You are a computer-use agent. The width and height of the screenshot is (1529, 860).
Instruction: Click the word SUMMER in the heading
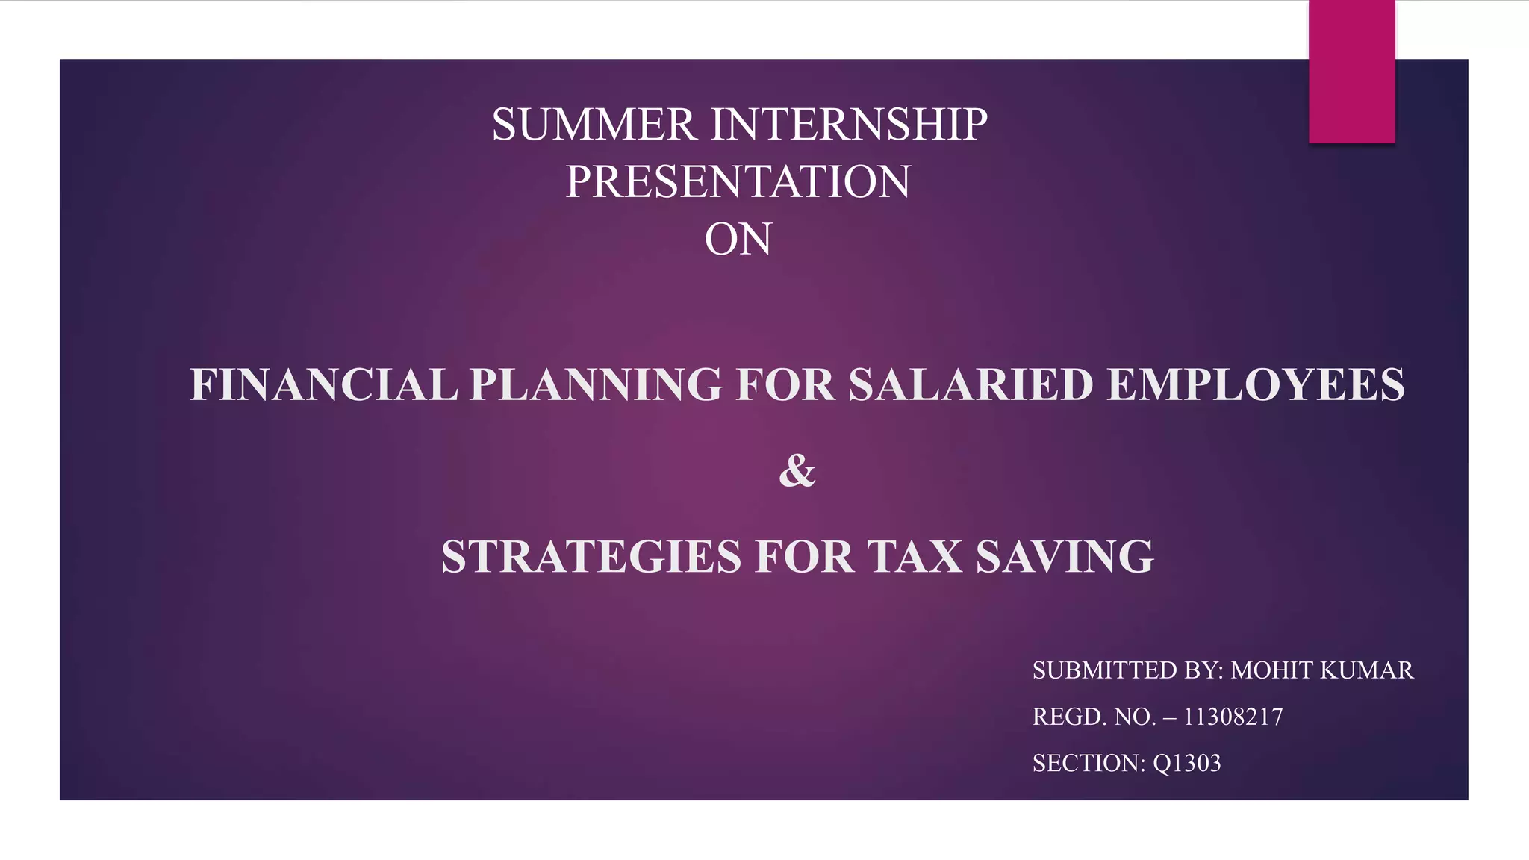point(594,125)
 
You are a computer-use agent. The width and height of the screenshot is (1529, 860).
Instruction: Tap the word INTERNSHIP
point(849,125)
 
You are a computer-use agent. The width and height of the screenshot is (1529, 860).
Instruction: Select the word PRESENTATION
point(738,182)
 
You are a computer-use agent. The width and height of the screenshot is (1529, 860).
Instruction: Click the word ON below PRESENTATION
point(738,240)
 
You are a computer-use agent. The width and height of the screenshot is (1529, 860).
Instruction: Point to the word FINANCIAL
point(323,385)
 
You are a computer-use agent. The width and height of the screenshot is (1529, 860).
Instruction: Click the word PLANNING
point(596,385)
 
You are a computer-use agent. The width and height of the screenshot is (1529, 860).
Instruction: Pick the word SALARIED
point(970,385)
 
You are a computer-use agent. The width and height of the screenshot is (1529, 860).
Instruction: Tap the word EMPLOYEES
point(1255,385)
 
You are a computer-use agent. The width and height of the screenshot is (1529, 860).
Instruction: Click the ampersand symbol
point(797,471)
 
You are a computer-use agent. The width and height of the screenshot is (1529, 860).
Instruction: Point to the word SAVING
point(1065,557)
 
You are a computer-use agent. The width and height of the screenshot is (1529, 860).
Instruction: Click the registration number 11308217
point(1233,717)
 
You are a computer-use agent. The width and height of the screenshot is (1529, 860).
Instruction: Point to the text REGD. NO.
point(1094,717)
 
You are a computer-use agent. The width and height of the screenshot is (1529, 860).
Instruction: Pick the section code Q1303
point(1186,763)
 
